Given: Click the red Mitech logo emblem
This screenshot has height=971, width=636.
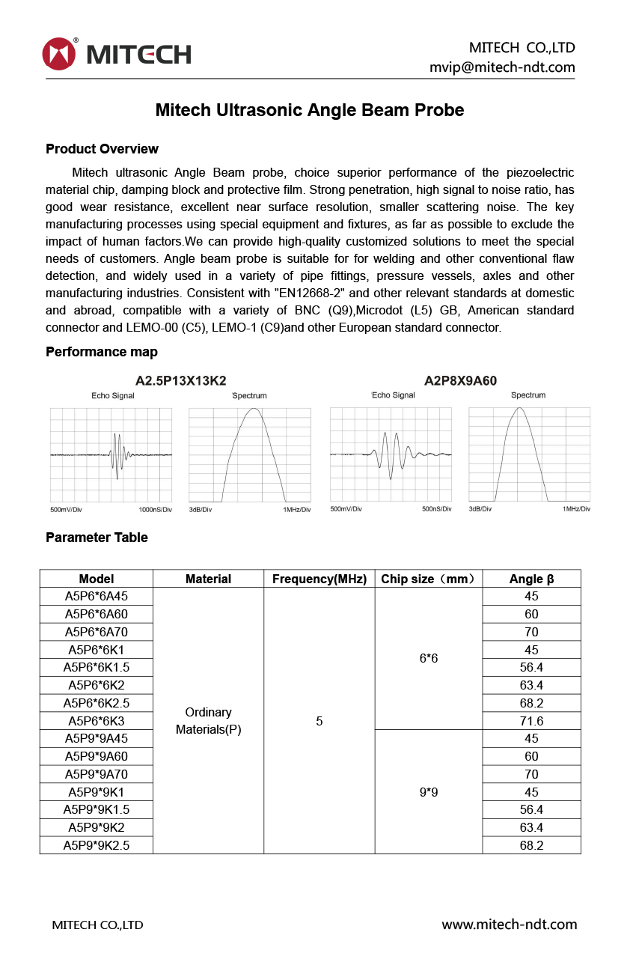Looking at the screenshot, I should [x=60, y=54].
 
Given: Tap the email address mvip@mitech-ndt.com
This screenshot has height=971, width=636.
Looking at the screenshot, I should [x=502, y=67].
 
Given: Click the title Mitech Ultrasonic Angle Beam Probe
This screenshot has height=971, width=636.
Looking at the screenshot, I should [x=310, y=110].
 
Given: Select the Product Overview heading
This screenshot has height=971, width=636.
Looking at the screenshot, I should [x=102, y=149].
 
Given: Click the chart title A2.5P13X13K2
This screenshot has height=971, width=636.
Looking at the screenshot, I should [x=180, y=380].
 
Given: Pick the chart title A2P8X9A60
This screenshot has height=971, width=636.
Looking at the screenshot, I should [x=460, y=380].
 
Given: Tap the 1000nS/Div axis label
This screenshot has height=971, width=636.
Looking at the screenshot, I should [x=156, y=510].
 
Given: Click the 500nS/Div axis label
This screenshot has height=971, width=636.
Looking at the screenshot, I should [x=437, y=509].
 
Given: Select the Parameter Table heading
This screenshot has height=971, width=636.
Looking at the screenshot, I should [x=97, y=538].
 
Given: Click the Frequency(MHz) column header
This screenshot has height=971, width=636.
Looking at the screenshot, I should [x=319, y=579].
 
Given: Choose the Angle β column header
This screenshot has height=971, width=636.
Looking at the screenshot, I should [x=531, y=579].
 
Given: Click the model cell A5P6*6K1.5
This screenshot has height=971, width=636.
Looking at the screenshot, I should [x=97, y=668].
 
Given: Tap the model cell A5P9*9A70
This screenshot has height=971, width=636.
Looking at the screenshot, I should [x=97, y=774].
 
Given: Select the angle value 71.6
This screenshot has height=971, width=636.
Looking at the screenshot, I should [x=531, y=721].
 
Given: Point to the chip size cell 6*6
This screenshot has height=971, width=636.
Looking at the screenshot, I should [x=429, y=658].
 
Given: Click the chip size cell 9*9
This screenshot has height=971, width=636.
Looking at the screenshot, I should [x=429, y=792].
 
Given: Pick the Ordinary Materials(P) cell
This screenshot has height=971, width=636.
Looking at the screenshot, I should [x=208, y=721].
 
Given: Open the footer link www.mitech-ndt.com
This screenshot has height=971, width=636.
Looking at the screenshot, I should [x=509, y=925].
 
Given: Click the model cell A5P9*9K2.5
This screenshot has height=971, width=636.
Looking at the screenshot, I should [x=97, y=845].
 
